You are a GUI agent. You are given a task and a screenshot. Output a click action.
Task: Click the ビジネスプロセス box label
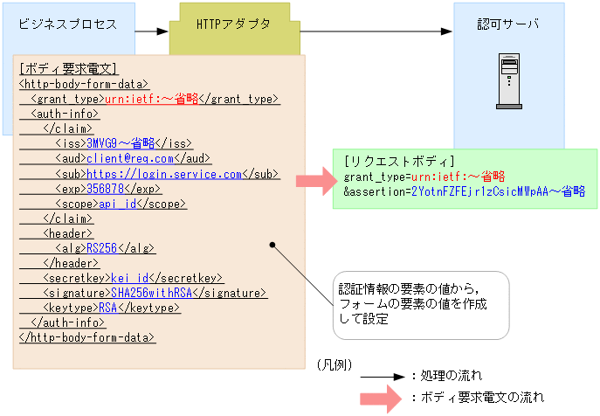coord(67,24)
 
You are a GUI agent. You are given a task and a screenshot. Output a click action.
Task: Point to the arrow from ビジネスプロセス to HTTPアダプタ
coord(151,31)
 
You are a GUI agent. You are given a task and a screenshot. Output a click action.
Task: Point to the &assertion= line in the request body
coord(464,191)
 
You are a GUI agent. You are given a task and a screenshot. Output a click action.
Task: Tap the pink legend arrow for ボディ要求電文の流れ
coord(382,398)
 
